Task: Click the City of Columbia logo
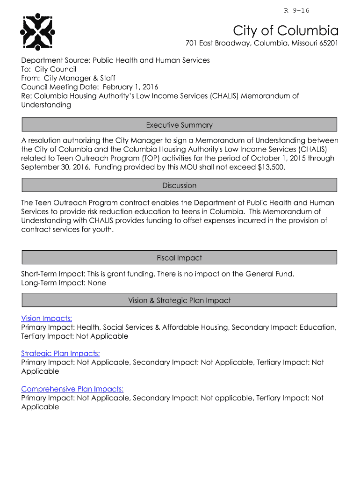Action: click(38, 32)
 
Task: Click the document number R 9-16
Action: click(297, 11)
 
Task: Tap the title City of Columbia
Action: click(286, 31)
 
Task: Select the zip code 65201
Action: click(327, 44)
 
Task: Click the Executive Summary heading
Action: click(179, 125)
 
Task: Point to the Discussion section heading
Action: click(179, 185)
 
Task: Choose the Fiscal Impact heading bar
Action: click(179, 258)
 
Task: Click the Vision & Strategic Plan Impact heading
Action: click(179, 300)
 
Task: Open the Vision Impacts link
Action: click(46, 319)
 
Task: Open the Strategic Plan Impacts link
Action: click(60, 354)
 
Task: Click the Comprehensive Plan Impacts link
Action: click(72, 389)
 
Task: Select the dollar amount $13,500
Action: click(270, 167)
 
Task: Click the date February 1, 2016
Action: click(130, 87)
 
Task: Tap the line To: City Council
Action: click(49, 69)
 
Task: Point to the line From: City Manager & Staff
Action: click(68, 78)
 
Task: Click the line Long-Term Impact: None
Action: click(64, 283)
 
